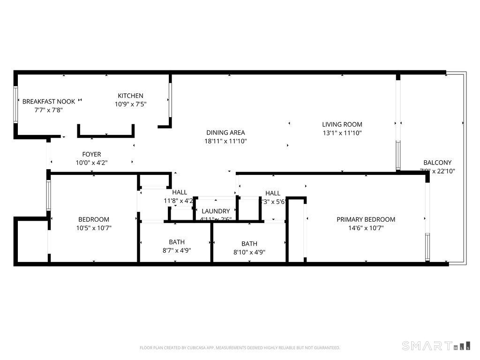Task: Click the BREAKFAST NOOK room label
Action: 49,101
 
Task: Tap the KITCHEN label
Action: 130,96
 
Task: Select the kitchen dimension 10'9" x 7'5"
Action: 130,105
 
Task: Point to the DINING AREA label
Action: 225,133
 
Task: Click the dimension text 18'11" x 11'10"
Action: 225,141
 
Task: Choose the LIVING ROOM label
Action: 342,124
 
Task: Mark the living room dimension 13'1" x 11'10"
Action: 342,133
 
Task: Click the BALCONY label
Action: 437,163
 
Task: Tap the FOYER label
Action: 91,154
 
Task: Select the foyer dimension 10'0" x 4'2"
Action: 91,163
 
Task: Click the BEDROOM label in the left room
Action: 94,219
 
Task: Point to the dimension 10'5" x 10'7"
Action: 94,228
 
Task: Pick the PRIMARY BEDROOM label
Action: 366,219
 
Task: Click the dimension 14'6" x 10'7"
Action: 366,228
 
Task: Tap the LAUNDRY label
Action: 216,211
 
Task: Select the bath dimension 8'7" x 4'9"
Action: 177,250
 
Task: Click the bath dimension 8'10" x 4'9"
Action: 249,252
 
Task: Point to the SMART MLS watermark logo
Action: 436,346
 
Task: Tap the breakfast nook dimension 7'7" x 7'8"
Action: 49,110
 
